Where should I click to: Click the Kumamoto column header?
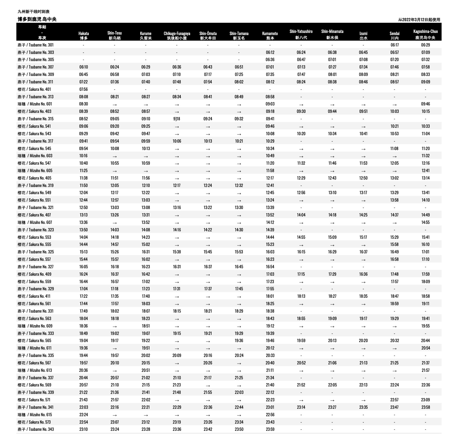(x=270, y=36)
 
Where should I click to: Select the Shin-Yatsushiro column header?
(x=301, y=34)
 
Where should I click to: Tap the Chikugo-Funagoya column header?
(x=177, y=36)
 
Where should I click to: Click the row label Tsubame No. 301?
(x=36, y=45)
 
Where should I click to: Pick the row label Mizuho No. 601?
(x=35, y=104)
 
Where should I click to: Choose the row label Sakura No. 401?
(x=34, y=89)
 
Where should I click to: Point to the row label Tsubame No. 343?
(x=36, y=429)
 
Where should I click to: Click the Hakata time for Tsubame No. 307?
(x=83, y=67)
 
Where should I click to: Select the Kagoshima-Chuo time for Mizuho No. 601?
(x=425, y=104)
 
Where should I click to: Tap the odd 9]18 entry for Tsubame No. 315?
(x=177, y=119)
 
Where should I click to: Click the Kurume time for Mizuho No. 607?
(x=146, y=222)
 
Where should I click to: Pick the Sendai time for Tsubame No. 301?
(x=394, y=45)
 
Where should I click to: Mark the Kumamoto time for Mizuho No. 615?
(x=270, y=415)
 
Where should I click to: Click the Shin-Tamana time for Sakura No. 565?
(x=239, y=341)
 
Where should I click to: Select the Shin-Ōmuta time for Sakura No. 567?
(x=208, y=363)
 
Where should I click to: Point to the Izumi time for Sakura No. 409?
(x=363, y=274)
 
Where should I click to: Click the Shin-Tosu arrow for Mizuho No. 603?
(x=115, y=156)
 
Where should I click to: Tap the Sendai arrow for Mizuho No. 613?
(x=394, y=371)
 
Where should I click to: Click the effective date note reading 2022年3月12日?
(x=419, y=20)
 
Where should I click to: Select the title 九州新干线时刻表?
(x=33, y=12)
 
